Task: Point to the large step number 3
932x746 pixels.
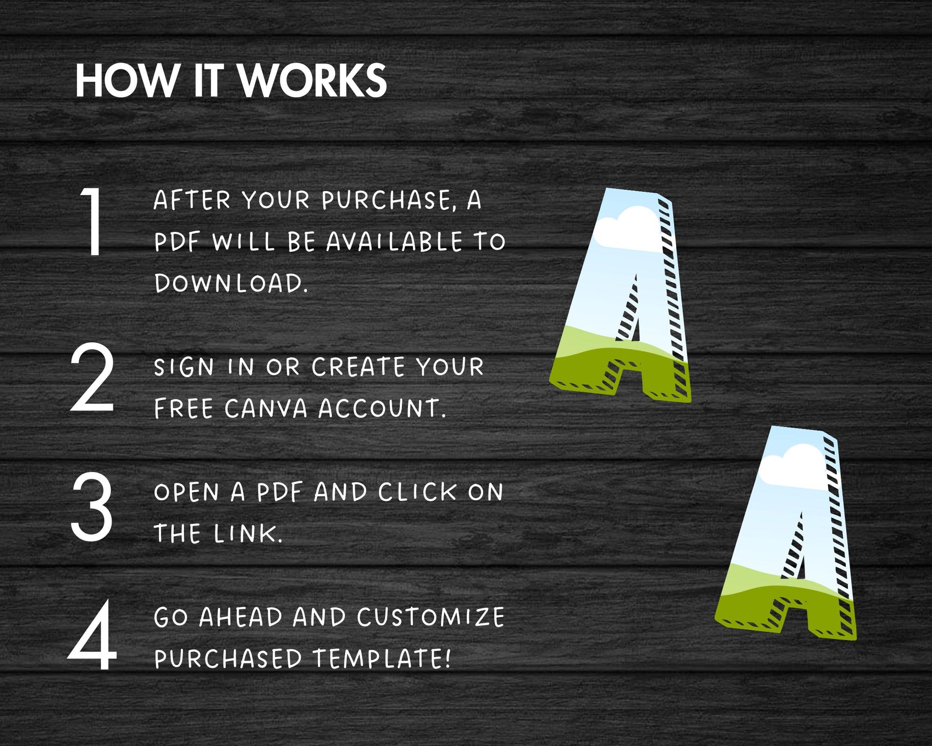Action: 91,506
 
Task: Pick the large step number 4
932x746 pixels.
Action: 92,635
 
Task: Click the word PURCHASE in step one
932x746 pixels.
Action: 386,200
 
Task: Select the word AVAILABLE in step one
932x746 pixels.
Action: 395,241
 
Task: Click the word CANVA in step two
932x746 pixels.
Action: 266,408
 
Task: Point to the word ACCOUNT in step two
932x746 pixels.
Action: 382,408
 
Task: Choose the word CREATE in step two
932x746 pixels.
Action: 358,367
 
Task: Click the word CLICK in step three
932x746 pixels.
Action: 418,492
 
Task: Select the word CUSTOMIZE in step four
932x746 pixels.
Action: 431,617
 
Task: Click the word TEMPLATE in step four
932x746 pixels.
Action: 382,658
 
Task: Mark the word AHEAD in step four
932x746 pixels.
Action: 241,617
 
